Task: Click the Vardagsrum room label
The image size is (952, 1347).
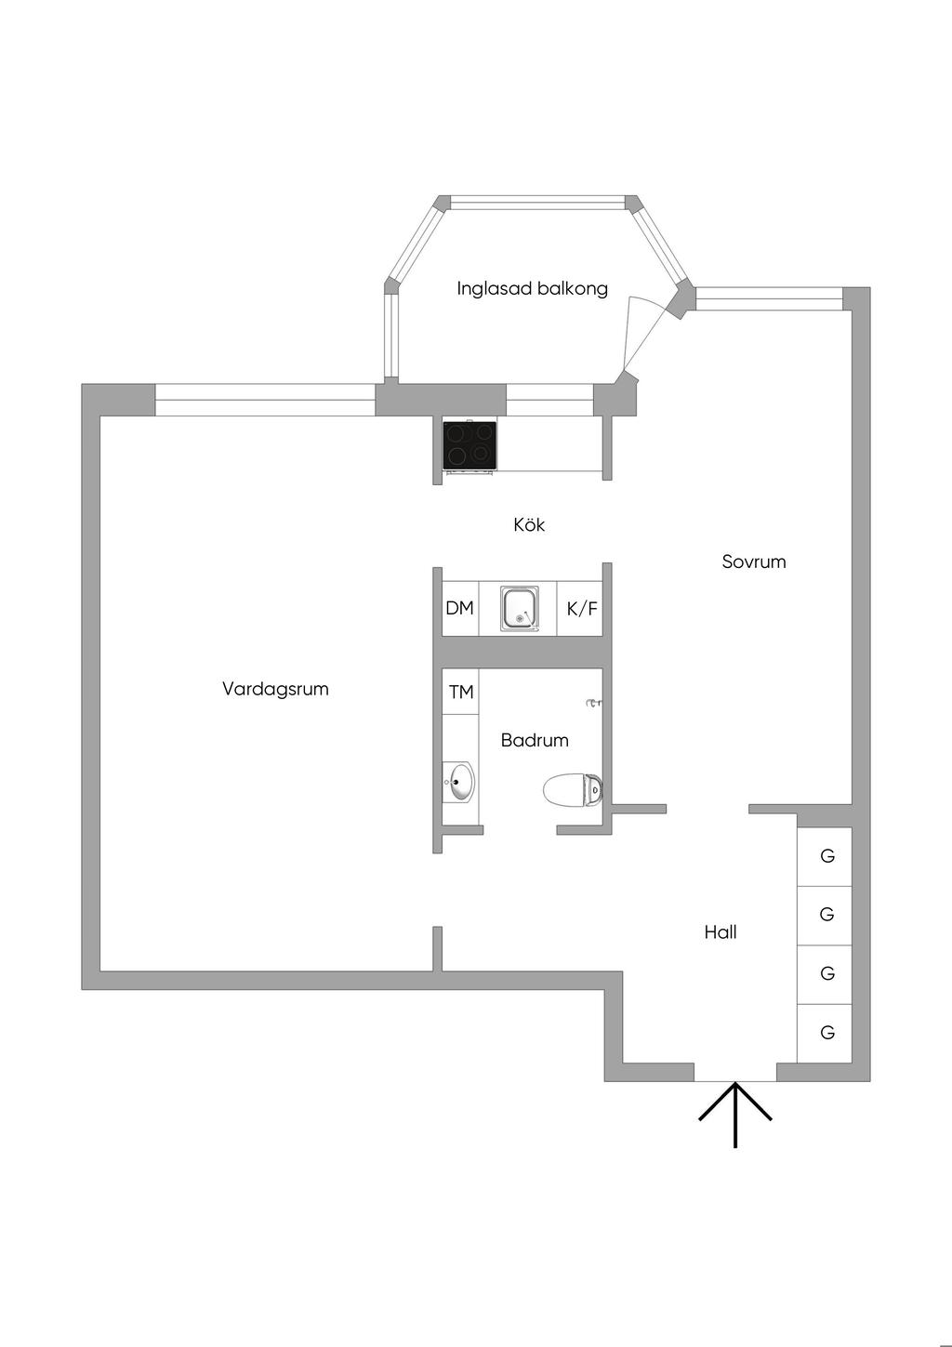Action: pos(275,689)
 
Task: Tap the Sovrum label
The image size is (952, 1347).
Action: pos(754,561)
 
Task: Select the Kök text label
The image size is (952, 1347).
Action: pos(529,525)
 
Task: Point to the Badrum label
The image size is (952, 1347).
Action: pos(535,741)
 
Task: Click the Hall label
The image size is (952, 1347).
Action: pos(721,932)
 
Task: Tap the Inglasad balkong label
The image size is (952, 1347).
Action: pos(532,288)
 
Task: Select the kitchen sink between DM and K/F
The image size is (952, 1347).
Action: pos(519,609)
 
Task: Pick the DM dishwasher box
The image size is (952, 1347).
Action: pos(460,609)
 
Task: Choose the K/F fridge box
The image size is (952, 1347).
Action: pos(582,609)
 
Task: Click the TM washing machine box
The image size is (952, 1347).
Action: pos(461,693)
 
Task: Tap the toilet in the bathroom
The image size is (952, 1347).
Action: pos(572,790)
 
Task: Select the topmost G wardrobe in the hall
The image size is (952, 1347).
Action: pos(826,856)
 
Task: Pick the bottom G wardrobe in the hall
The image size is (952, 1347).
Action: pos(826,1033)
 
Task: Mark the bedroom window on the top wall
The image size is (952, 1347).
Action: pos(769,298)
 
